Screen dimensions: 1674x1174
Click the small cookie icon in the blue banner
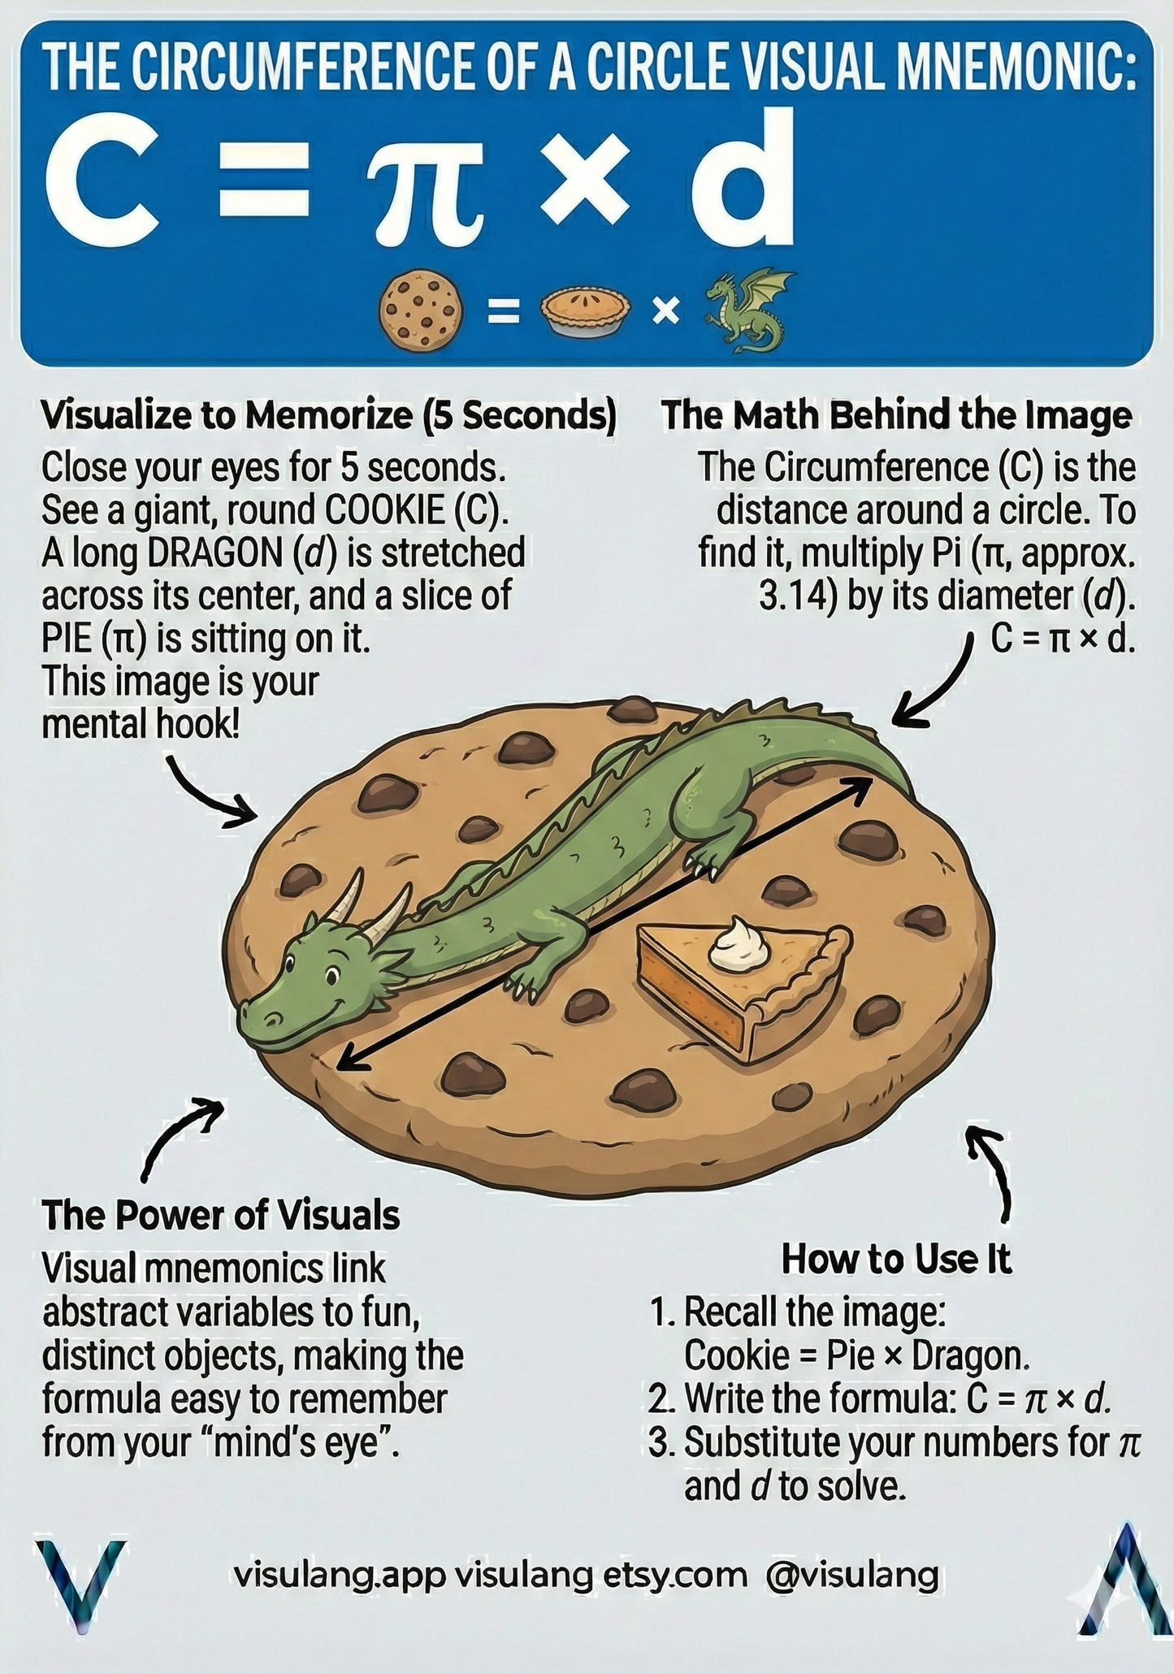[422, 311]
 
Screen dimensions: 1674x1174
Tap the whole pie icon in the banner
[584, 313]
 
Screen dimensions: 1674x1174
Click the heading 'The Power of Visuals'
[221, 1216]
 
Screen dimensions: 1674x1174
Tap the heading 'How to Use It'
[896, 1260]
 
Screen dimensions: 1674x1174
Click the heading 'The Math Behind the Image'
[896, 415]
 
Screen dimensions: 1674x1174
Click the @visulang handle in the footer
[851, 1575]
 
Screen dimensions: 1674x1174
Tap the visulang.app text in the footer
[340, 1576]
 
